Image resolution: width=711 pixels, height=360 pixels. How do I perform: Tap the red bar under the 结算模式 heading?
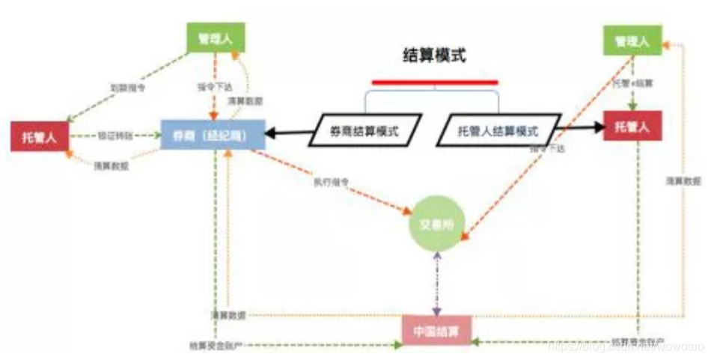[x=434, y=82]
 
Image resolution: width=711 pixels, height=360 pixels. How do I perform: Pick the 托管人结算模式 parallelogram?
[x=498, y=130]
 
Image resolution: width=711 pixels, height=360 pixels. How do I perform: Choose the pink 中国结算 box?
[x=436, y=330]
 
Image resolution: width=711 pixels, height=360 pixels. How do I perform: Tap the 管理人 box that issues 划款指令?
[x=216, y=37]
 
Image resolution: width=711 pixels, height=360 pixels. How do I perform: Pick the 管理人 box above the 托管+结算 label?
[x=632, y=40]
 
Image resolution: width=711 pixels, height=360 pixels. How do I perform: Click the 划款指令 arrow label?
[x=128, y=87]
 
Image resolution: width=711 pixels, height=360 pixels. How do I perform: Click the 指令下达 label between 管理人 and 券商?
[x=215, y=88]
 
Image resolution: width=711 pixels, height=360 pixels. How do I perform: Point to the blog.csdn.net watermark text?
[x=626, y=347]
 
